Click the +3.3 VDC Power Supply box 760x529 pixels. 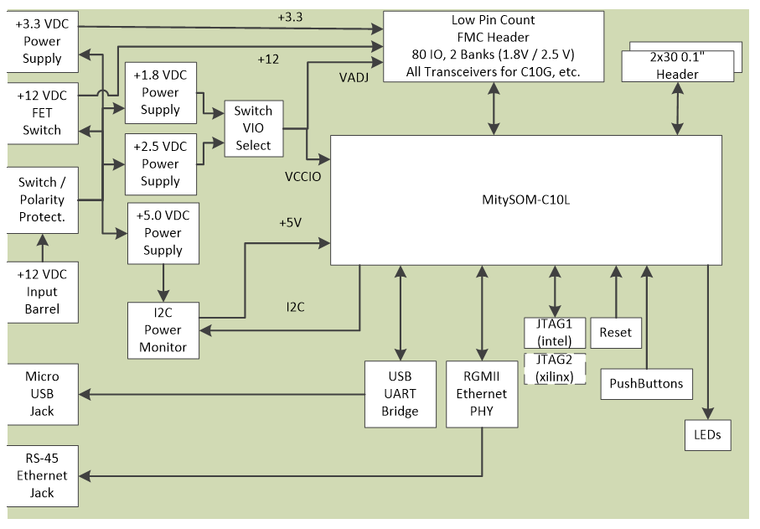click(43, 41)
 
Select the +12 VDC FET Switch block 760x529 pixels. click(43, 113)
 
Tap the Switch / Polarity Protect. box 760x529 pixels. click(43, 200)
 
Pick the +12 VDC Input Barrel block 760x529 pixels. click(43, 292)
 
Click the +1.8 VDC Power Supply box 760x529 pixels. click(161, 92)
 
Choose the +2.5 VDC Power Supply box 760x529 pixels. click(161, 163)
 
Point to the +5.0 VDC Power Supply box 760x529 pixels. click(163, 232)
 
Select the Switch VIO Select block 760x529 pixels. click(253, 128)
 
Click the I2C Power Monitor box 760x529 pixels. click(163, 329)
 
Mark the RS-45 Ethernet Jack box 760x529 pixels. click(43, 475)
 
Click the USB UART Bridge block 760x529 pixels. click(401, 394)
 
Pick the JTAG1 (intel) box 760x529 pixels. click(554, 332)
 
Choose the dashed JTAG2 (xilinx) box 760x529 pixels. click(554, 368)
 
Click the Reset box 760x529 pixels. click(616, 332)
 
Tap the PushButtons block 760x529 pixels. click(647, 384)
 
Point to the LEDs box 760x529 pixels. click(708, 435)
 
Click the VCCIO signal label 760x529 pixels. click(303, 178)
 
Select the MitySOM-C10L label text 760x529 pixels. click(526, 200)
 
